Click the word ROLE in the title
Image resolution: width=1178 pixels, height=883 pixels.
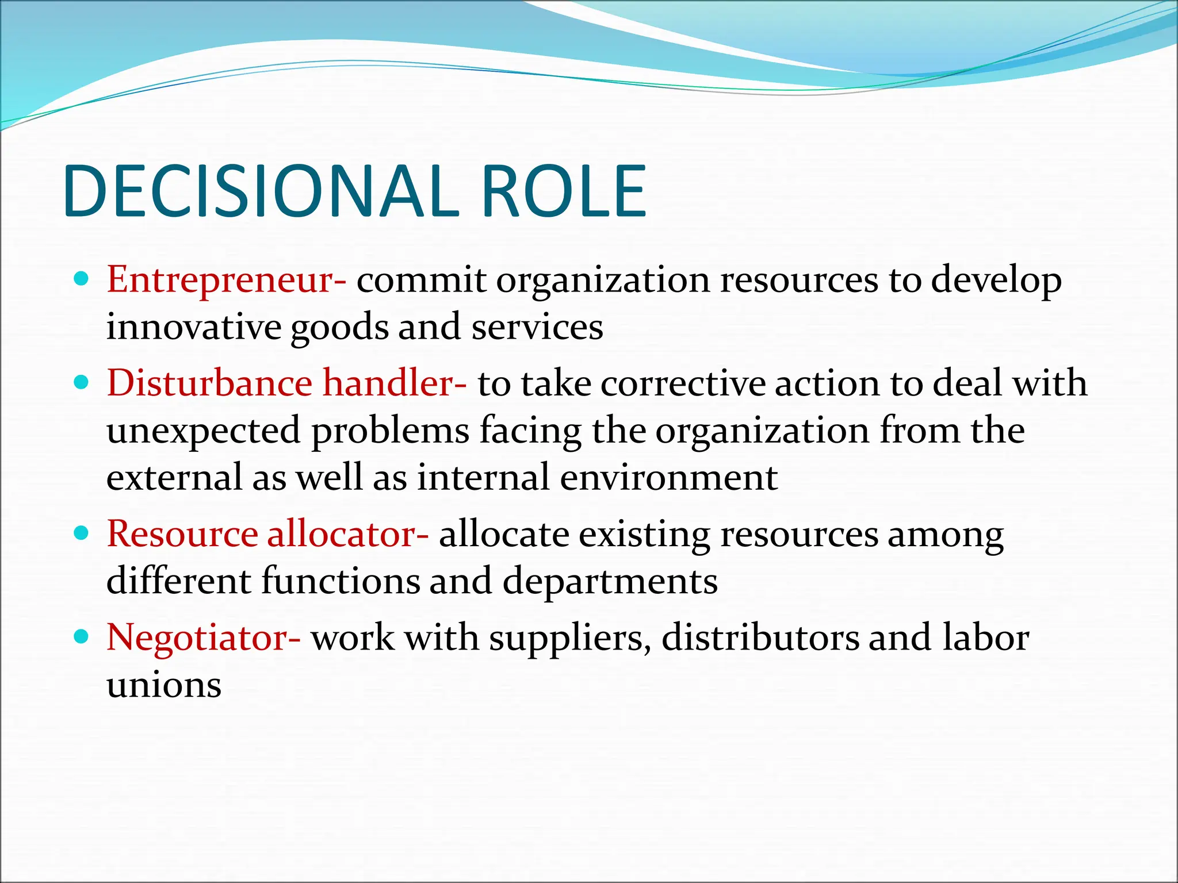563,191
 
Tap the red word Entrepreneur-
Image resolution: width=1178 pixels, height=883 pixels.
227,281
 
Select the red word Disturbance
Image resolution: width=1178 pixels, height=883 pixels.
209,383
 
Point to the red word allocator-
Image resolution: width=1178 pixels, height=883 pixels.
348,533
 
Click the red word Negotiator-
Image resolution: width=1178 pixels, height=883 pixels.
204,638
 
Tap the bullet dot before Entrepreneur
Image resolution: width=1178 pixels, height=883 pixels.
82,280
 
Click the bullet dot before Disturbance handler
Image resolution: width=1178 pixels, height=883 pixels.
82,383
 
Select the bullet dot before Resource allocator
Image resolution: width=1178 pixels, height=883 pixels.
82,533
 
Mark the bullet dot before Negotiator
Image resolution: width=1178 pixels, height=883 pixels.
82,637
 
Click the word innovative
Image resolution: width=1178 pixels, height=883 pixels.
194,327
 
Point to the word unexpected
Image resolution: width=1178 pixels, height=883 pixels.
204,431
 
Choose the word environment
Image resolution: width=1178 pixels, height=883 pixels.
669,478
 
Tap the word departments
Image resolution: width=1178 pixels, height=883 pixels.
610,581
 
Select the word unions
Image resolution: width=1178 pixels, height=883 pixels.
164,685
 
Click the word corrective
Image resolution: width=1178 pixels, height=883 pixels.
683,383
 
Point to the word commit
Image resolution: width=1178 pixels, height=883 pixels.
422,281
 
